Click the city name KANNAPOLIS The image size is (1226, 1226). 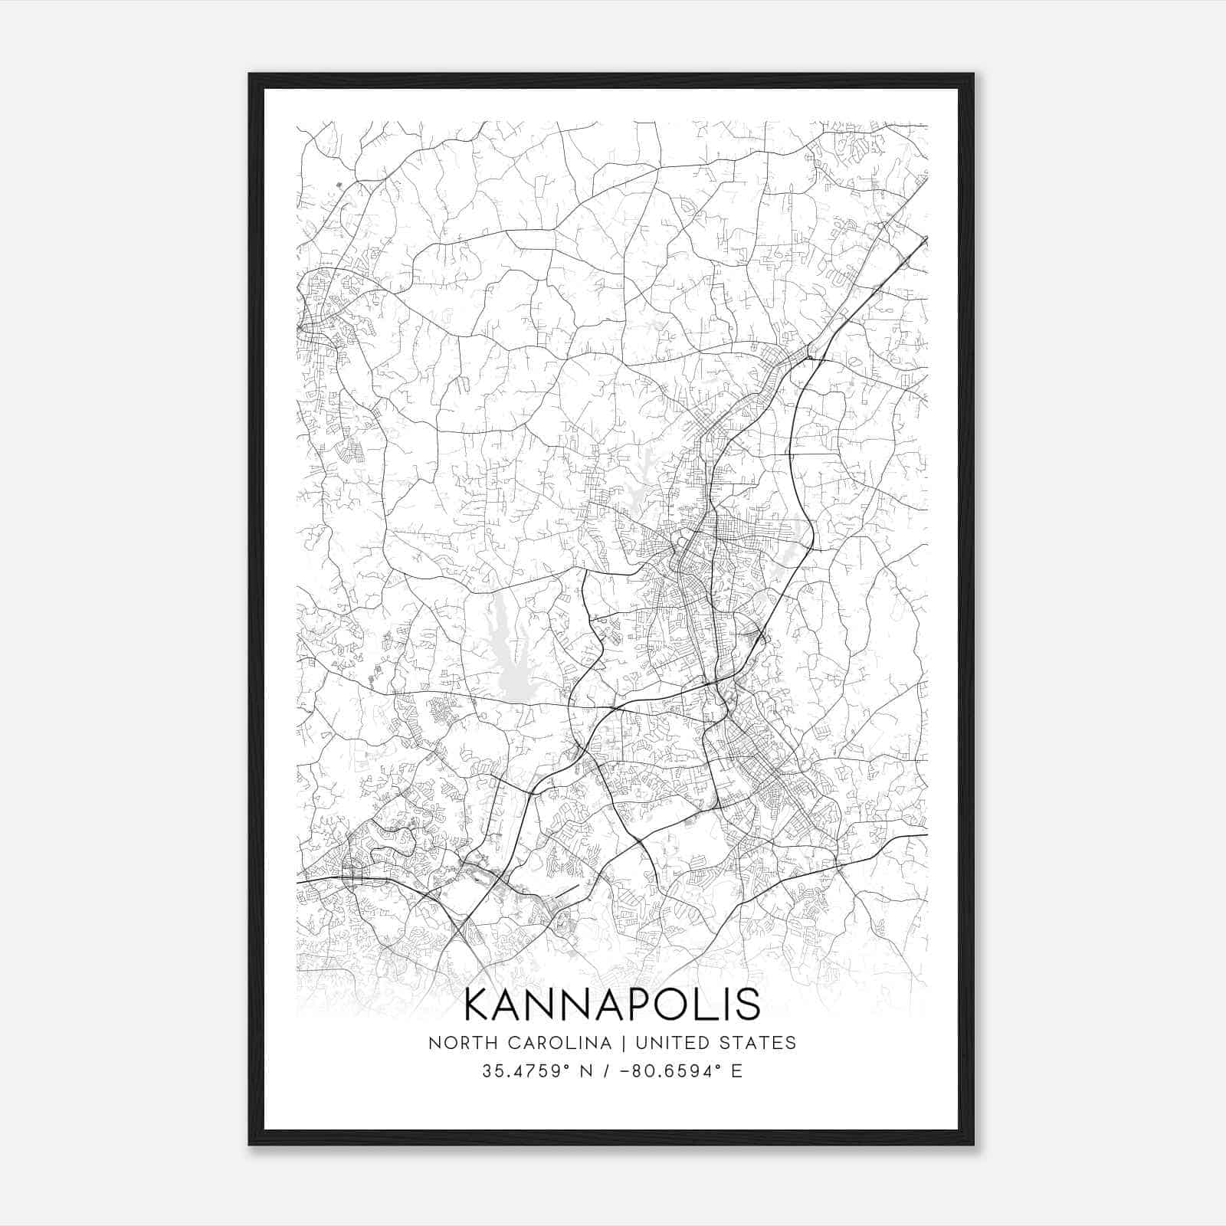point(612,1005)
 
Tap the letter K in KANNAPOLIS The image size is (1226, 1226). point(480,1005)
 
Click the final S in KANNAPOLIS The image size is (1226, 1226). point(748,1005)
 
